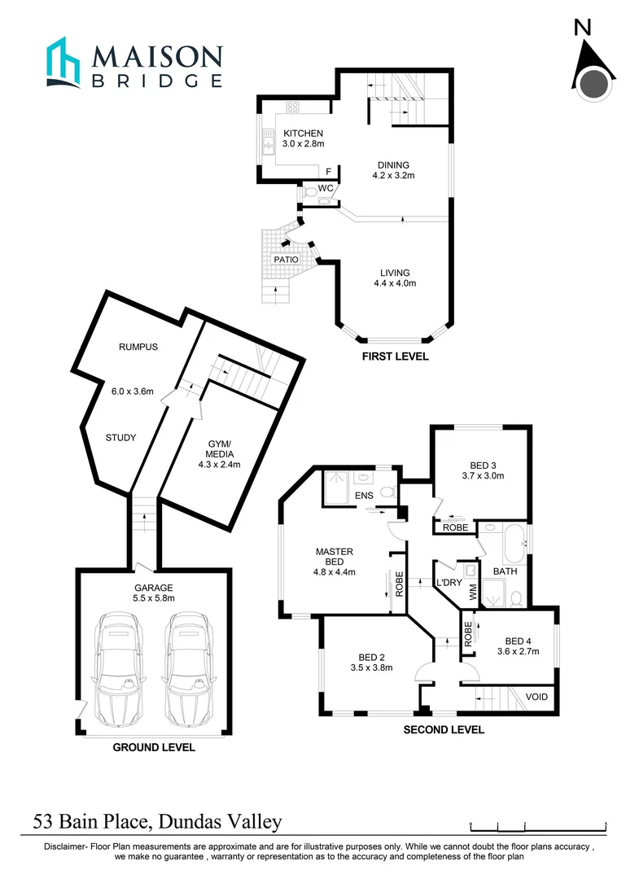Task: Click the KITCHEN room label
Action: (303, 133)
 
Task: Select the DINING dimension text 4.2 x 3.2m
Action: (393, 176)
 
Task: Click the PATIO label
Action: (286, 260)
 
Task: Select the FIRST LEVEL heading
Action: (395, 356)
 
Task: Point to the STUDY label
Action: (120, 438)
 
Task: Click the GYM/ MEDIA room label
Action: (218, 449)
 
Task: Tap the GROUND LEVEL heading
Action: (154, 746)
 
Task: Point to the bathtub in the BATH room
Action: (514, 544)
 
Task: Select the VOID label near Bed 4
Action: (536, 698)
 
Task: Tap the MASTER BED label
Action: (335, 557)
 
